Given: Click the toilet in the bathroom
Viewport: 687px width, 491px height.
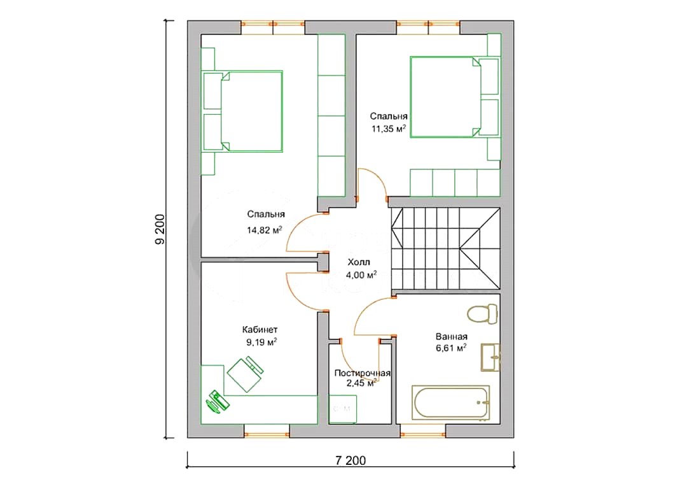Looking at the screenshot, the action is [482, 314].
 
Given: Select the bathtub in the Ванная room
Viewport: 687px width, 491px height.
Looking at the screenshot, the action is [450, 403].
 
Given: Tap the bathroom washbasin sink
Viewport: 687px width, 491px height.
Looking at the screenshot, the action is [490, 357].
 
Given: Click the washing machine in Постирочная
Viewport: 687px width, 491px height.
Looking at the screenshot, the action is [343, 409].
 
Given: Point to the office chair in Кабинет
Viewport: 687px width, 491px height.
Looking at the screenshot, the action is [245, 374].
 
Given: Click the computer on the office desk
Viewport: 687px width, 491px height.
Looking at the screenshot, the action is [218, 401].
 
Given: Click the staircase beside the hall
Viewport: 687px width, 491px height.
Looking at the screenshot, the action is [446, 248].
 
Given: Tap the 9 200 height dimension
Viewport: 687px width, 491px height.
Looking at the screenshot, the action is [160, 229].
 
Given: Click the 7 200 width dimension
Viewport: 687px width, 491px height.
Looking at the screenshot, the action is [350, 460].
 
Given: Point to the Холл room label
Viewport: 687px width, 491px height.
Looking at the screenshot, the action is [359, 262].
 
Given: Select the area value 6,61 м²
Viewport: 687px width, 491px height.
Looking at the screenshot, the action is [451, 348].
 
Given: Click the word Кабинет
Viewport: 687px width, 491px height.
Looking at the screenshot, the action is [260, 329].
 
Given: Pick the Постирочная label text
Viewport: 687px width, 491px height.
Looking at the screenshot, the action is [363, 373].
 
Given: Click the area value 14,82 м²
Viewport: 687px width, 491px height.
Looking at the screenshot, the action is [264, 230].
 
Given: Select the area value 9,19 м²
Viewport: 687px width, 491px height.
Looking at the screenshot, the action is [261, 342].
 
